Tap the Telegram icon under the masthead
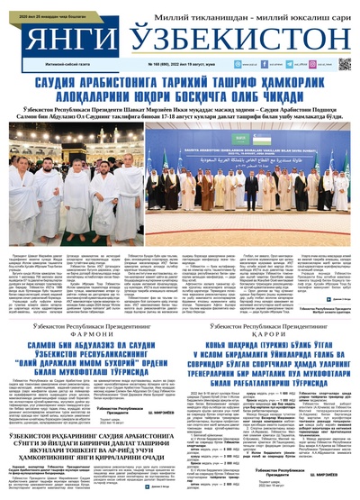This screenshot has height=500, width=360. coord(312,67)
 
